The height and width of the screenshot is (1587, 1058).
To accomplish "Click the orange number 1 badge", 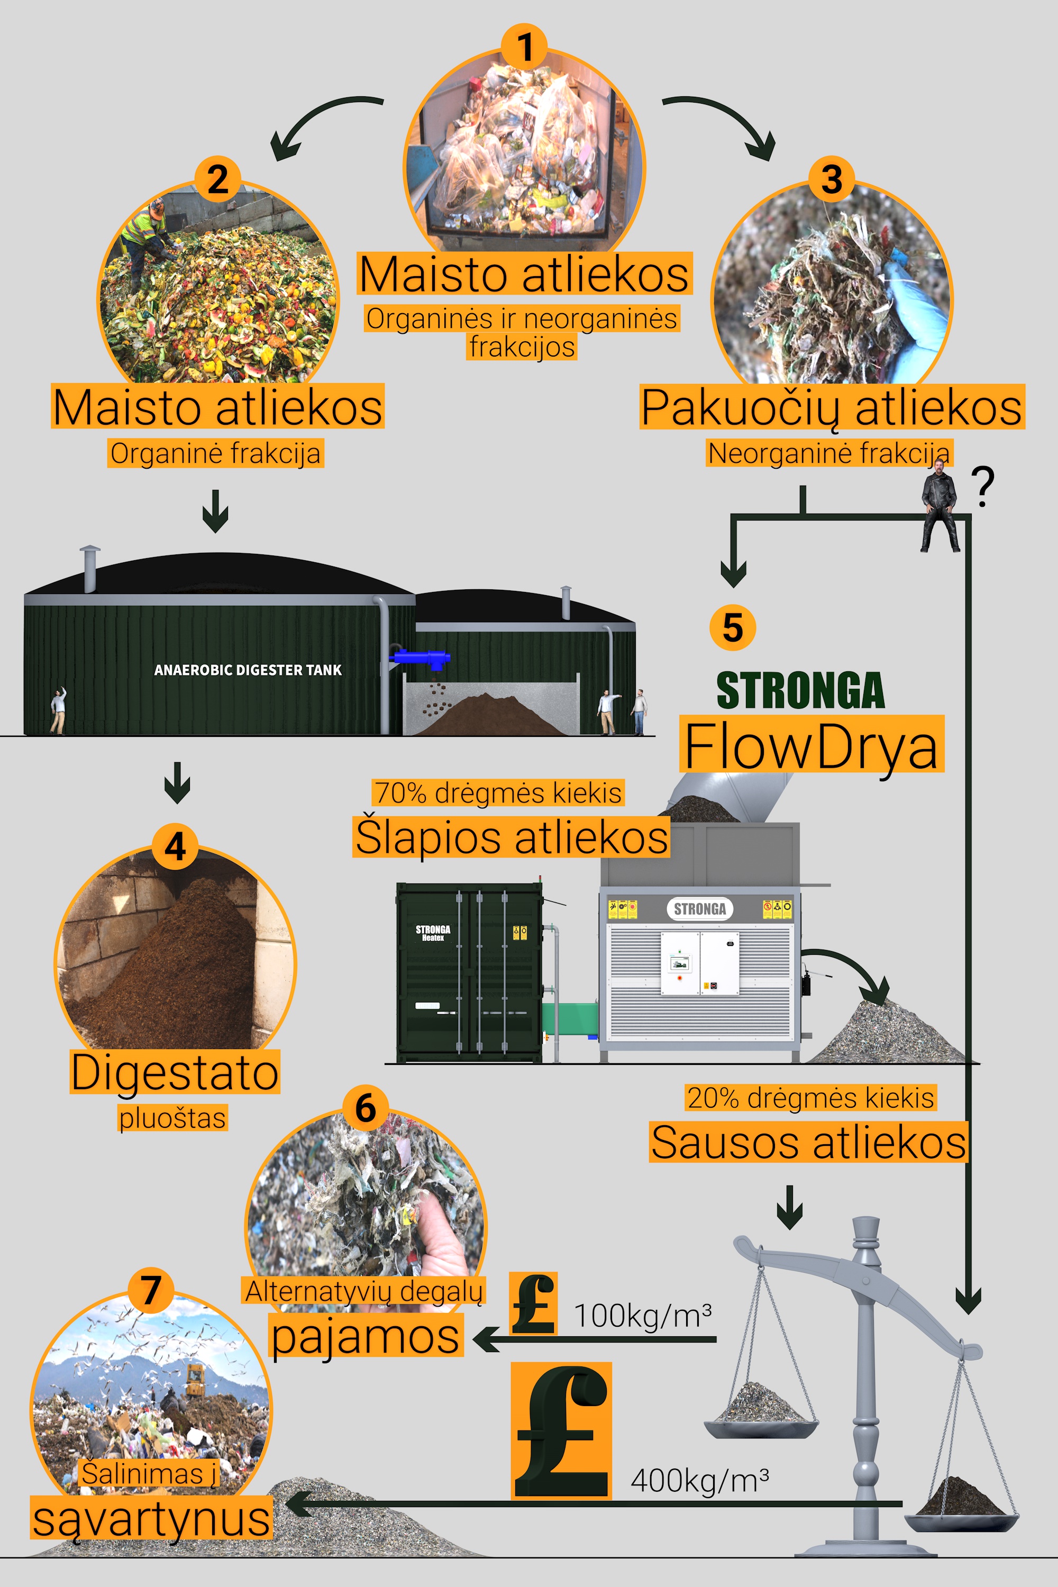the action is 525,47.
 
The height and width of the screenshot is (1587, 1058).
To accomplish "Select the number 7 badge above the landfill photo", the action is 150,1290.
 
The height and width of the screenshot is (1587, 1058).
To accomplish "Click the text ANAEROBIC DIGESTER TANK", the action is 248,670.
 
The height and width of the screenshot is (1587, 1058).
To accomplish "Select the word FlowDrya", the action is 811,745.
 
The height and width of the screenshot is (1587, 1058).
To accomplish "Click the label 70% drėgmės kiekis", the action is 498,793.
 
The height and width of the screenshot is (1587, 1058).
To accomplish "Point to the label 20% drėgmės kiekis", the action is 810,1098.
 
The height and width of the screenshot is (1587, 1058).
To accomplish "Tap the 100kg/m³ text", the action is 642,1316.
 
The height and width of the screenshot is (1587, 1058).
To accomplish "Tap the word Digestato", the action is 175,1072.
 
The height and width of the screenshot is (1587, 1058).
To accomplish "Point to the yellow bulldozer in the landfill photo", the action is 194,1380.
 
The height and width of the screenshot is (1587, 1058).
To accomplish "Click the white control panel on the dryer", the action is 700,963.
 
